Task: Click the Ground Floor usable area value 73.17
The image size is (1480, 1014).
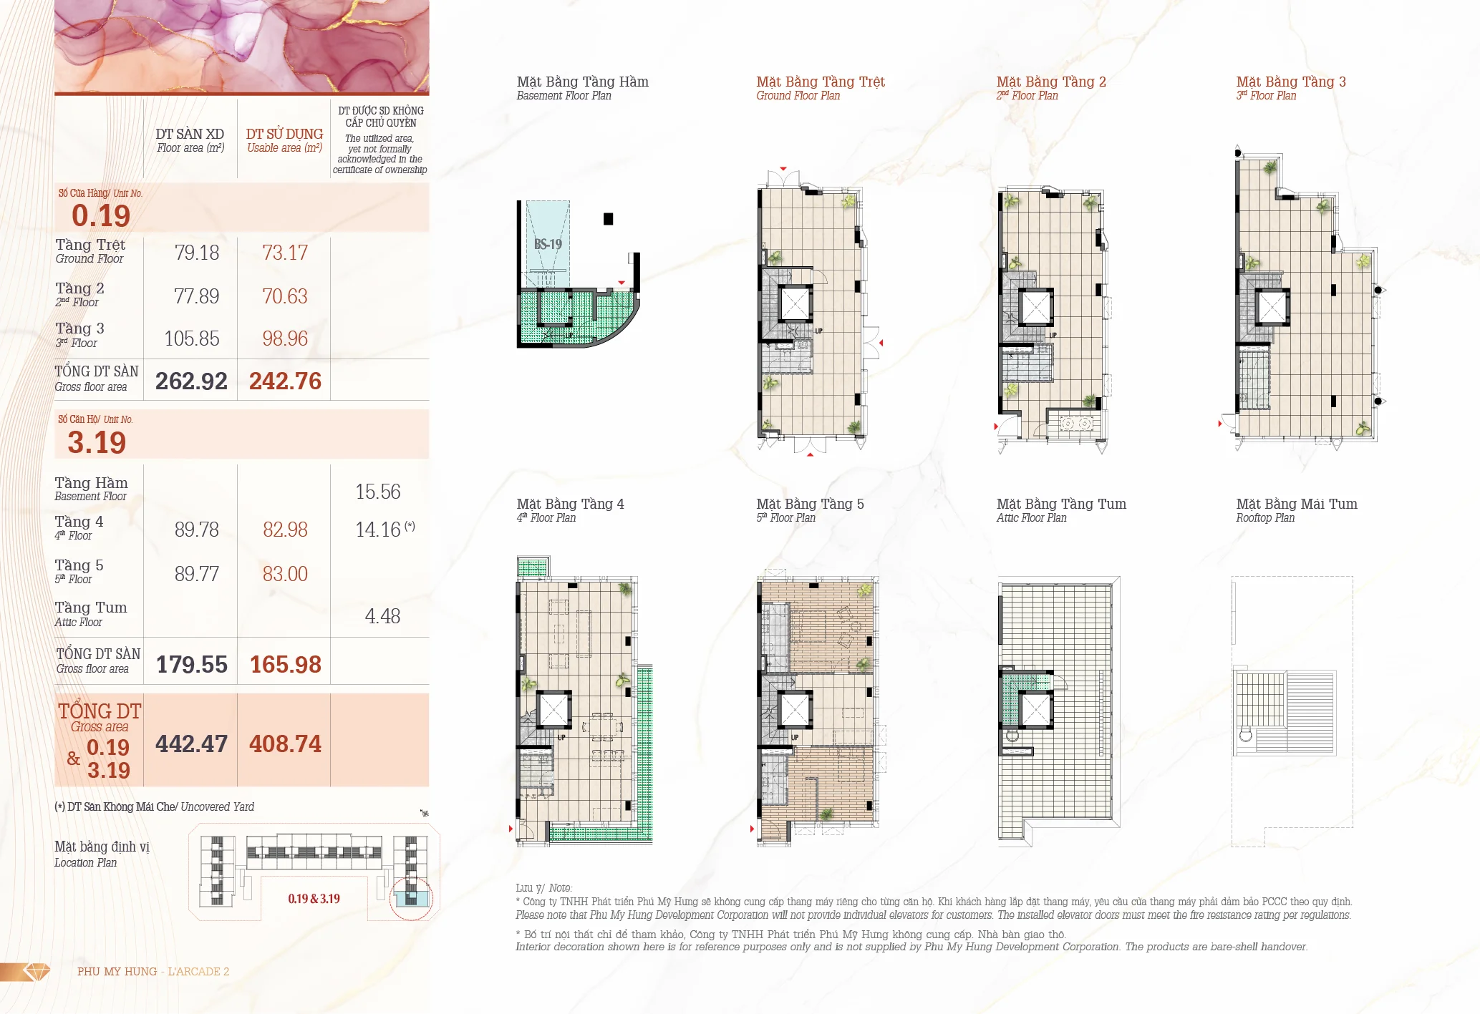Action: [285, 253]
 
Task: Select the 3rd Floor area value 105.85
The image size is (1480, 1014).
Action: [192, 338]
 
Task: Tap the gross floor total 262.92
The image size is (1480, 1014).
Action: [191, 381]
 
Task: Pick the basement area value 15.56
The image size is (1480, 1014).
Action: [378, 492]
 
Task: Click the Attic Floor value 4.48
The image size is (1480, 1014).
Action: [382, 616]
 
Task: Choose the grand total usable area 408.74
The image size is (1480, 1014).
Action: [285, 744]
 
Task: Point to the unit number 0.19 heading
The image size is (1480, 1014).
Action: [101, 215]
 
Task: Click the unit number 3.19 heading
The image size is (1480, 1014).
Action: [97, 442]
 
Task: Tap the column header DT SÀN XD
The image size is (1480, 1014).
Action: [190, 134]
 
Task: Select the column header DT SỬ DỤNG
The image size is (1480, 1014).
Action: [284, 134]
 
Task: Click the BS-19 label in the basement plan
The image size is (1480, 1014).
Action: [548, 244]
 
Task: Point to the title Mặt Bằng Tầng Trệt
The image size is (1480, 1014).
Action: [821, 82]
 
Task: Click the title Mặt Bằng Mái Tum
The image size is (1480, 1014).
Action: [1297, 504]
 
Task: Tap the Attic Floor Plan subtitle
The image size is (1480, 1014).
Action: [1031, 518]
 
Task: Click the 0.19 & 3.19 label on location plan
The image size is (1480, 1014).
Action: [314, 899]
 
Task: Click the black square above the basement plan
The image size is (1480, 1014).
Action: [608, 219]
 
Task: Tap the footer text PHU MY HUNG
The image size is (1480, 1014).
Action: [117, 971]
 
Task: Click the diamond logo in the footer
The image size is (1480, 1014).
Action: [37, 971]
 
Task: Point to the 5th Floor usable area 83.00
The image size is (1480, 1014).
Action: [285, 574]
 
